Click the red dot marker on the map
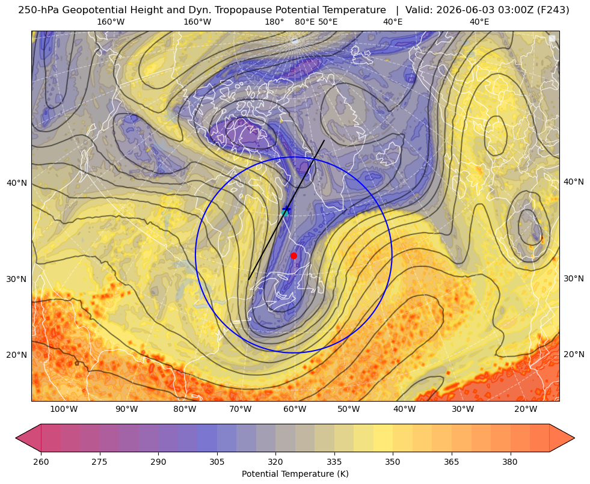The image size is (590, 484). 293,256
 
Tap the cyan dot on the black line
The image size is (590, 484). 285,213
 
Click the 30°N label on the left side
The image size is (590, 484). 17,279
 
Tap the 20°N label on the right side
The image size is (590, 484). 574,354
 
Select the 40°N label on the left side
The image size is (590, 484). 17,183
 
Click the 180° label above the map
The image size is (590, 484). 274,22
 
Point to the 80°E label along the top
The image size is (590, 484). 304,22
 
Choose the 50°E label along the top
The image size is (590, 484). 328,22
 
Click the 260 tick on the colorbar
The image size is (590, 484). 41,462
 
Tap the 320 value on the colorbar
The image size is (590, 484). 275,462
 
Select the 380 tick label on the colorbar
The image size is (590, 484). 510,462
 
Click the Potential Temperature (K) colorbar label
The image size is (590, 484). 295,474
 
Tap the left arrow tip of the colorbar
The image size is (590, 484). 16,438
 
